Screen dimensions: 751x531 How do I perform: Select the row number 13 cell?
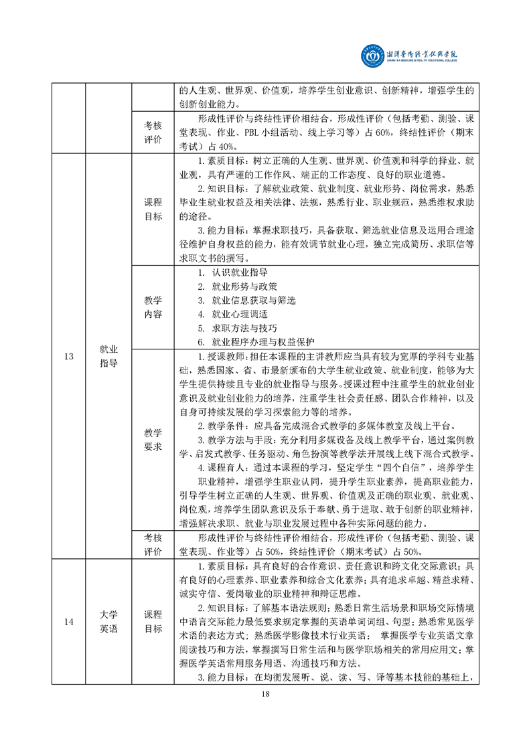click(x=69, y=356)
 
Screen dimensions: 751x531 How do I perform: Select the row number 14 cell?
click(x=69, y=622)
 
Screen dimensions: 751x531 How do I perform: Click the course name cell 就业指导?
click(x=108, y=356)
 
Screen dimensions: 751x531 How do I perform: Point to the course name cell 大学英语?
click(x=108, y=622)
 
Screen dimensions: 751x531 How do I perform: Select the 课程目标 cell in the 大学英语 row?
click(x=153, y=622)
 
